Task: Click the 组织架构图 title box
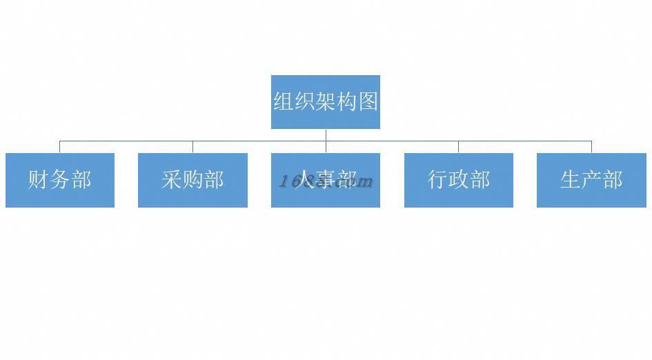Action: coord(325,101)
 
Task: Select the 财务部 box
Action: coord(60,180)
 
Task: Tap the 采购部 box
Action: coord(192,180)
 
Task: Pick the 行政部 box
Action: coord(458,180)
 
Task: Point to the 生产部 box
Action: coord(591,180)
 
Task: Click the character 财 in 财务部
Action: coord(39,180)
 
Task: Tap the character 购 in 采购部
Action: coord(192,180)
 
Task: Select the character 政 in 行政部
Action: coord(459,180)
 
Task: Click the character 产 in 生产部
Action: coord(591,180)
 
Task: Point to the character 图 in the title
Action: coord(368,102)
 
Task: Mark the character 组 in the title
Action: coord(284,102)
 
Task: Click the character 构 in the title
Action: coord(347,102)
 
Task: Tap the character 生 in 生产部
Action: coord(571,180)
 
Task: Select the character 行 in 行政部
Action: coord(437,180)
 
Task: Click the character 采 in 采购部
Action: coord(172,180)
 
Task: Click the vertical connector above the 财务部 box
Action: coord(60,147)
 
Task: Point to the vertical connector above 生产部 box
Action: coord(591,147)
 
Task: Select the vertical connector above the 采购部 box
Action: coord(192,147)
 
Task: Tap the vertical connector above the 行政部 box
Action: coord(458,147)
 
